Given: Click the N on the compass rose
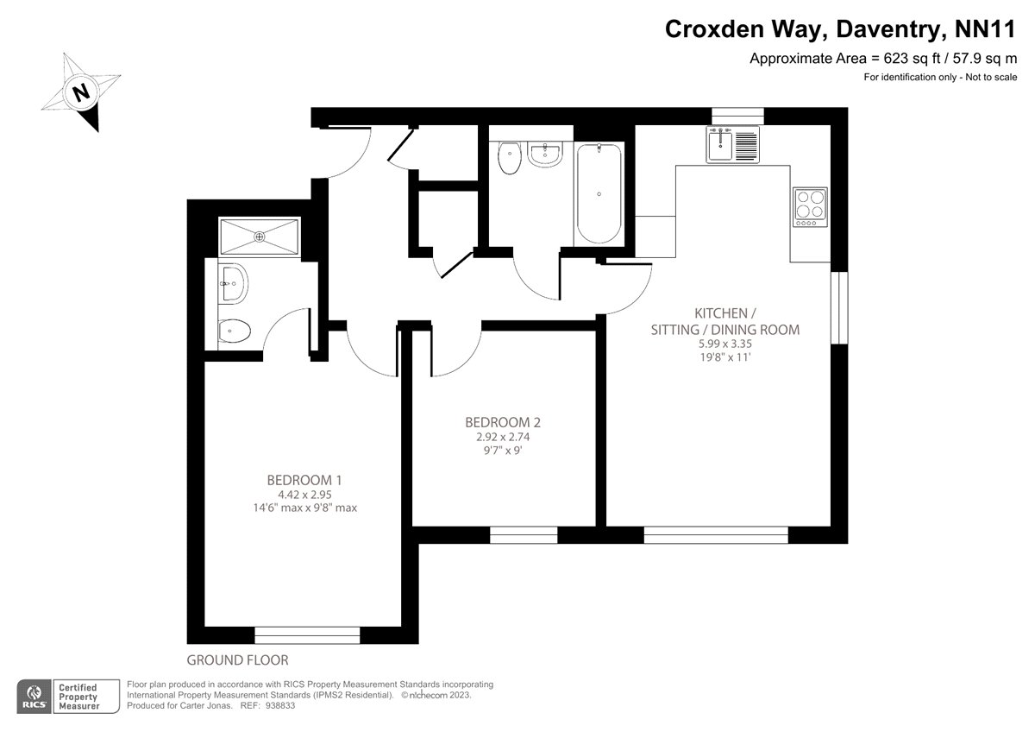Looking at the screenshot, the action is [x=81, y=92].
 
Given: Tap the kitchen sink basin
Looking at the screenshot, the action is [x=719, y=144].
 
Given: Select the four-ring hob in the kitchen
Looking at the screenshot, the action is [x=810, y=206].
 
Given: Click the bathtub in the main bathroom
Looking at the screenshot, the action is [x=599, y=193].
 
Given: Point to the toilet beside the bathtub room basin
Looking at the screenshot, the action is [x=510, y=158].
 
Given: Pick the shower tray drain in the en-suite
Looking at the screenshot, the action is [x=260, y=237].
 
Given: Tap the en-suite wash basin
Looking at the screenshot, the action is [x=233, y=283].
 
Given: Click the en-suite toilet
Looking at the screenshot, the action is [x=234, y=331].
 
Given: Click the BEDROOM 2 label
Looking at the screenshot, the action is [x=503, y=422].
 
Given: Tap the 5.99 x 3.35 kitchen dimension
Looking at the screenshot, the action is [x=725, y=344].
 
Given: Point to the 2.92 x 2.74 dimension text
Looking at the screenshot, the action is [x=503, y=437].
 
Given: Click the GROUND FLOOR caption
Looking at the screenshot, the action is [x=237, y=659].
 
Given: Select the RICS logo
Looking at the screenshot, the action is [x=34, y=697].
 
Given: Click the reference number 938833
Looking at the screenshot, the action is [x=280, y=705].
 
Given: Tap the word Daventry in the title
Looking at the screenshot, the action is [x=888, y=29].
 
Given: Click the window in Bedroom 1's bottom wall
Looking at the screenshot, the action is [x=307, y=635].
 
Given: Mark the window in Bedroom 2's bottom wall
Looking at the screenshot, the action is [x=524, y=535].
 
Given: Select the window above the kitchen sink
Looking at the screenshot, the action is [x=738, y=116].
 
